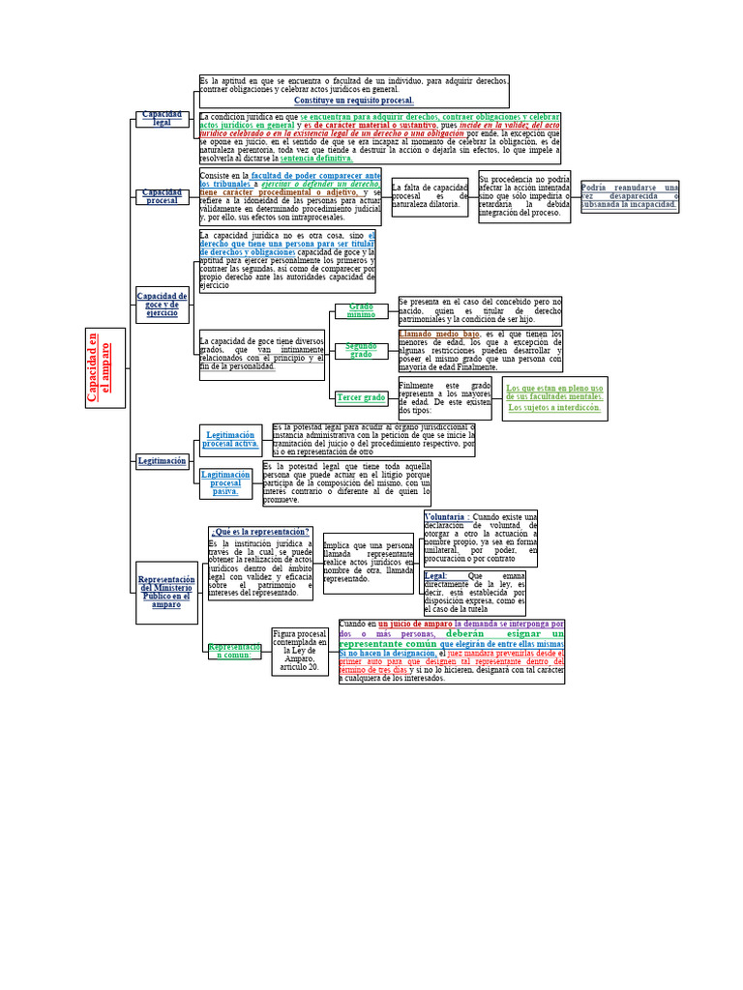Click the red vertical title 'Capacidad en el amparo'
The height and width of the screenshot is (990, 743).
click(x=105, y=367)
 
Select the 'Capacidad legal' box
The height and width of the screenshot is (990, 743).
click(x=162, y=119)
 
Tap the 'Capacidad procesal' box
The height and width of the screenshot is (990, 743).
click(x=162, y=196)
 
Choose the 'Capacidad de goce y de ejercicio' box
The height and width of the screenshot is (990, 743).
click(x=162, y=305)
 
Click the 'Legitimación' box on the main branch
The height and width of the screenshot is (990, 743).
click(x=162, y=461)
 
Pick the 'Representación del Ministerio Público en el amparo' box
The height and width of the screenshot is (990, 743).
click(x=166, y=591)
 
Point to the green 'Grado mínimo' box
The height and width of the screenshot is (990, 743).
click(x=361, y=310)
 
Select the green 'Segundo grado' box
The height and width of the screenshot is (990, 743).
click(x=361, y=350)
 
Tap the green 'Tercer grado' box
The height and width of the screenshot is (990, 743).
click(x=361, y=397)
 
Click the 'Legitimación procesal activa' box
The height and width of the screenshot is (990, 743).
click(x=230, y=439)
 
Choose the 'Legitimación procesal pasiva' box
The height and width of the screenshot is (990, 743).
click(x=225, y=482)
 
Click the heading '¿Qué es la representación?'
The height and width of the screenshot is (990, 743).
click(x=260, y=532)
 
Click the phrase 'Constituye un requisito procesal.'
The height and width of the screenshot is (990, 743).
click(x=353, y=101)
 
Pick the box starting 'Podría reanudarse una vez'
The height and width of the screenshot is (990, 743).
click(x=630, y=196)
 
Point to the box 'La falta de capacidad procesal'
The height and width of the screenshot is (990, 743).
click(x=430, y=196)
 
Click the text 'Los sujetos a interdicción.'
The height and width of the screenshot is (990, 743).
click(x=554, y=408)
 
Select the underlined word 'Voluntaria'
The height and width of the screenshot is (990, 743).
click(x=444, y=517)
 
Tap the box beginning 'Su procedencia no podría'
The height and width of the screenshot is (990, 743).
click(x=524, y=196)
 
